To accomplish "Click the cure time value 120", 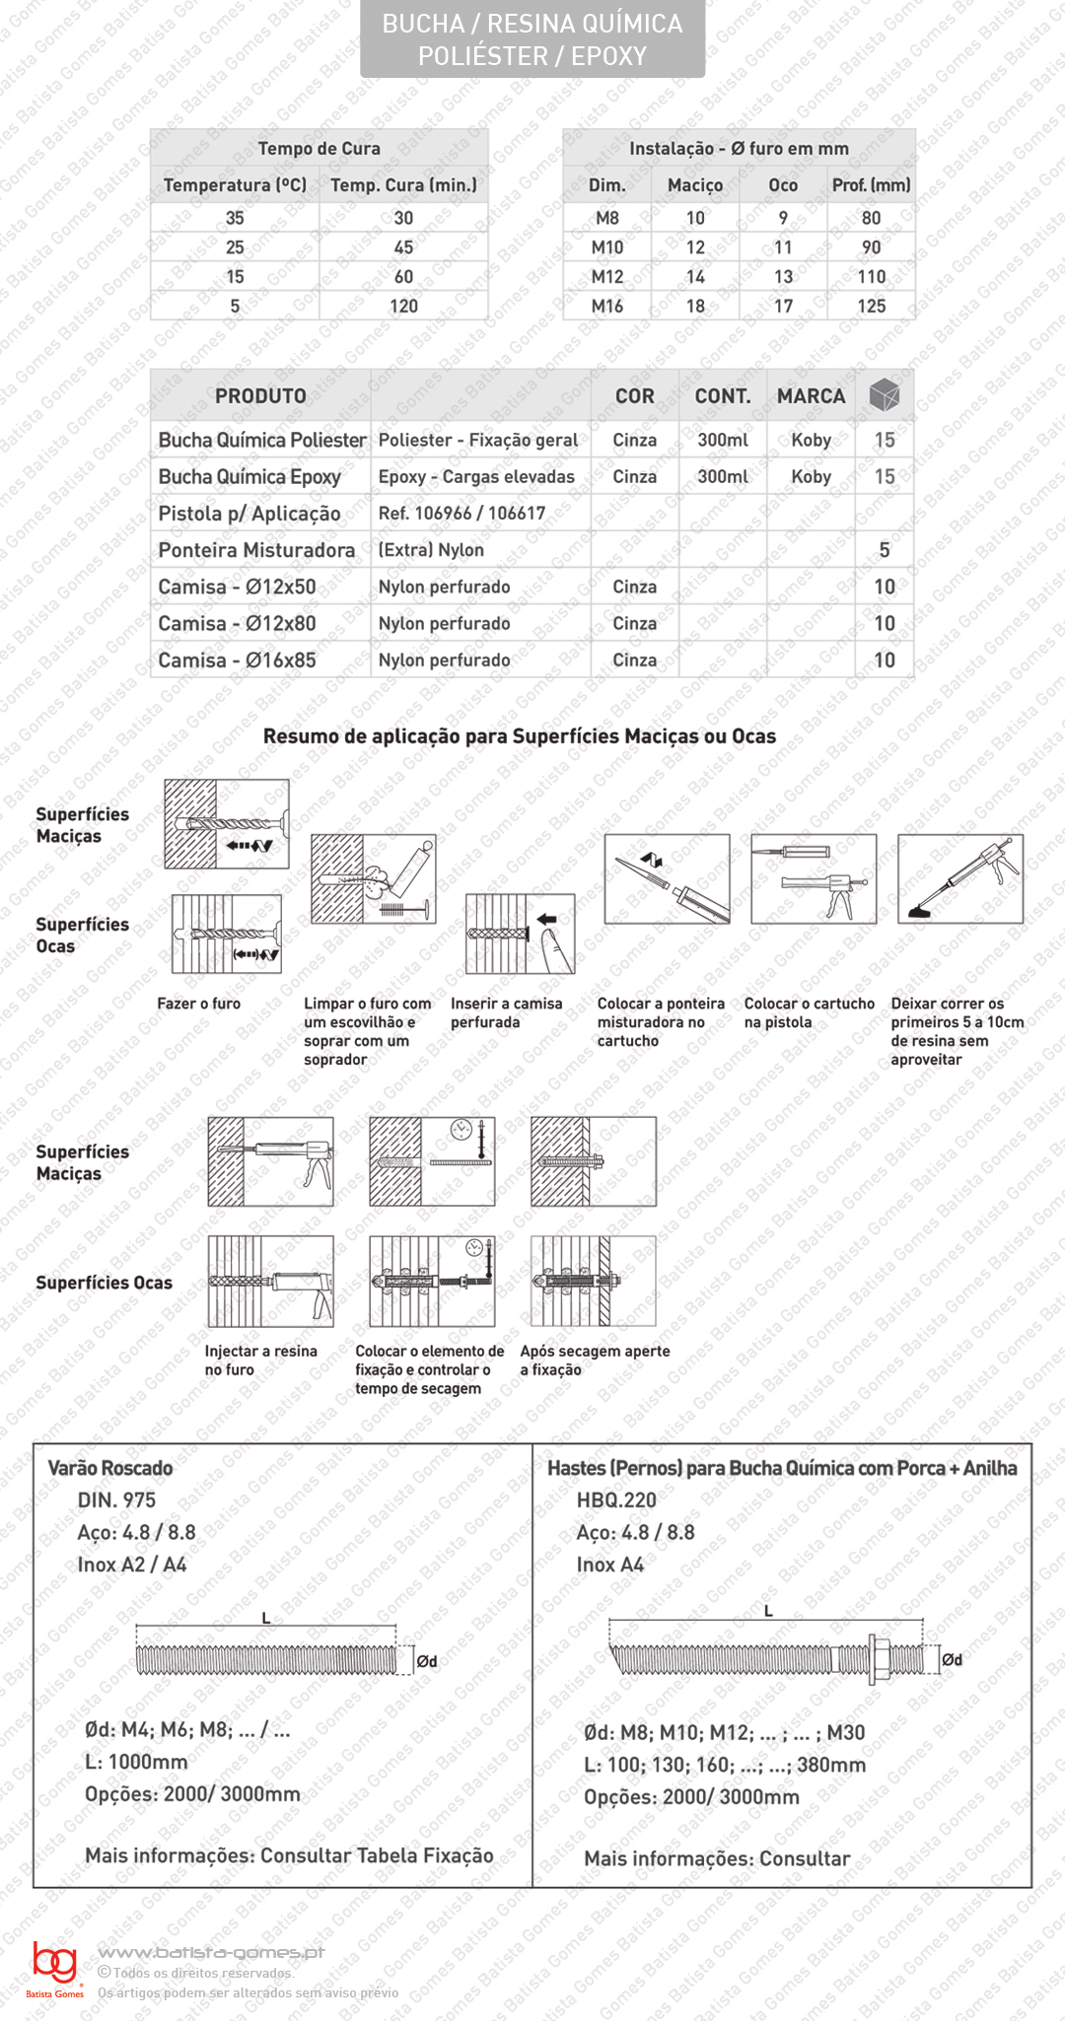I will click(403, 306).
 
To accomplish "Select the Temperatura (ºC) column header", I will click(235, 184).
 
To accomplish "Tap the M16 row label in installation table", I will click(606, 306).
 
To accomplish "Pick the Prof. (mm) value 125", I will click(871, 306).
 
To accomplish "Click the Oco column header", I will click(783, 184).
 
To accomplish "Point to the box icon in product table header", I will click(885, 395).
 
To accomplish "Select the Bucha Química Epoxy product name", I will click(249, 476).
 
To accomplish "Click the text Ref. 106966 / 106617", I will click(461, 513).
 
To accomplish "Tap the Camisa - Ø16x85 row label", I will click(237, 660).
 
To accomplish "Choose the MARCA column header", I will click(811, 395).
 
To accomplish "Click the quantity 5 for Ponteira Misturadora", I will click(885, 550).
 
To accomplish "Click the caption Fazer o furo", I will click(198, 1004).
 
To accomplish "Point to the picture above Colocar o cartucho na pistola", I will click(814, 878).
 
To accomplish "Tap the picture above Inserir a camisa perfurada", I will click(520, 934).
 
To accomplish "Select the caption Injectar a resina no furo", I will click(260, 1360).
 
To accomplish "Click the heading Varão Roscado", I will click(110, 1468).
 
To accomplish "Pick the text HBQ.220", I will click(616, 1500).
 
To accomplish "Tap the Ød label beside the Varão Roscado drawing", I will click(426, 1661).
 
